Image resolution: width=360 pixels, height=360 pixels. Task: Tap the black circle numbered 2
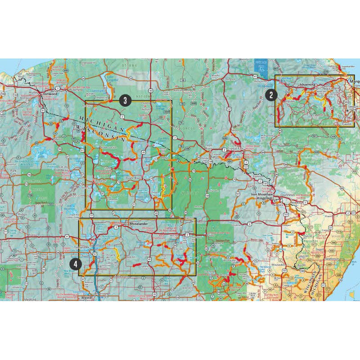pyautogui.click(x=270, y=94)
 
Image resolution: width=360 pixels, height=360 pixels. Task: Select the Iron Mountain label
pyautogui.click(x=262, y=194)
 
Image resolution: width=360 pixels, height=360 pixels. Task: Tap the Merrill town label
pyautogui.click(x=86, y=298)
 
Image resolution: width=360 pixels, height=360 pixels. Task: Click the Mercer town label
pyautogui.click(x=59, y=139)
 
